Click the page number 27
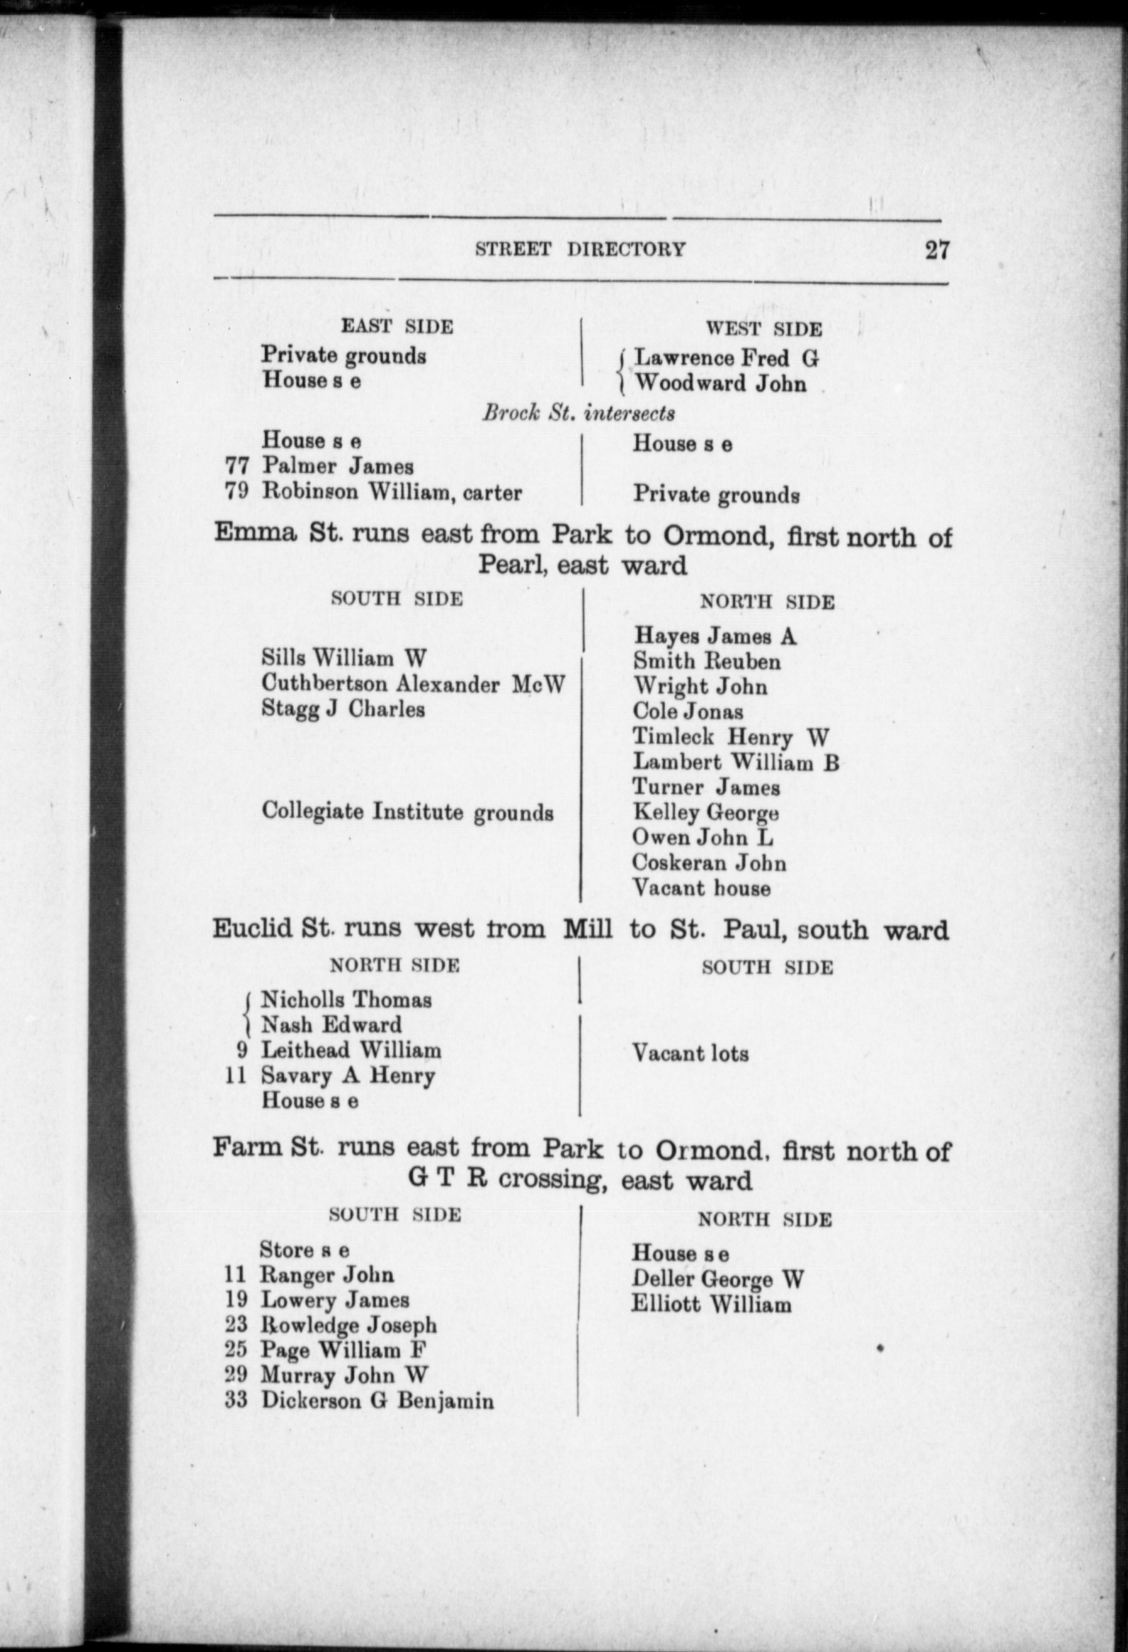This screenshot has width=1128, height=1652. [x=936, y=250]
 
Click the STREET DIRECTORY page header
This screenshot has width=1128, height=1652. [x=580, y=249]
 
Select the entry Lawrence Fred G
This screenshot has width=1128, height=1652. [x=726, y=357]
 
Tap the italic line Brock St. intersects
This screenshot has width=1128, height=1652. [x=578, y=413]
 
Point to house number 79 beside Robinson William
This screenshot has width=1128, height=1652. [x=236, y=491]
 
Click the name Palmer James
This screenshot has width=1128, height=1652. [x=338, y=466]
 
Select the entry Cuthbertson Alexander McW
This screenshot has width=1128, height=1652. [x=413, y=684]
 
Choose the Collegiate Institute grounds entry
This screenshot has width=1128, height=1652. [x=407, y=812]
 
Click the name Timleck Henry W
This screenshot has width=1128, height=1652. [x=731, y=737]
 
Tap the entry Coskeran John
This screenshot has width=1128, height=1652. [x=709, y=863]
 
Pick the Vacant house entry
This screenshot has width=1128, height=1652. [x=701, y=888]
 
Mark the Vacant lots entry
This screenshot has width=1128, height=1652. [x=690, y=1053]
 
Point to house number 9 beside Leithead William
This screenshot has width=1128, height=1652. [x=242, y=1050]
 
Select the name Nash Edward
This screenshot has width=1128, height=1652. [x=331, y=1025]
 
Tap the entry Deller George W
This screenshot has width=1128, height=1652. [x=718, y=1280]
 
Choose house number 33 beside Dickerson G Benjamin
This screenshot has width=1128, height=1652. [x=236, y=1400]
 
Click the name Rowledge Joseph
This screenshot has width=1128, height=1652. [x=348, y=1325]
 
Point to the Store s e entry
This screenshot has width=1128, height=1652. [x=304, y=1250]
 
